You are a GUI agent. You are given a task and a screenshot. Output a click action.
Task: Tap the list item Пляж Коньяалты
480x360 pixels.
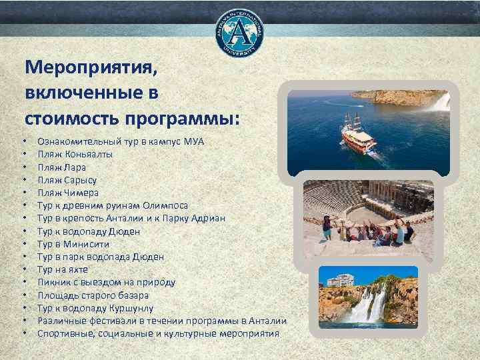(75, 154)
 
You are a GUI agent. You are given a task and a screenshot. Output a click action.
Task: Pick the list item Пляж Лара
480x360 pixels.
(61, 167)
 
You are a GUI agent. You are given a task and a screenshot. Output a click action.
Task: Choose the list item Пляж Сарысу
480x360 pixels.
(67, 180)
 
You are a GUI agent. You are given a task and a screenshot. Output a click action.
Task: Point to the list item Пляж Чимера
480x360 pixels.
(68, 193)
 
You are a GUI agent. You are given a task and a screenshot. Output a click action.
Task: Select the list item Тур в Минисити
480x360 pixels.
(73, 244)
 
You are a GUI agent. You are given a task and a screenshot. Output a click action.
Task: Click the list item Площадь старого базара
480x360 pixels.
(93, 295)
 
